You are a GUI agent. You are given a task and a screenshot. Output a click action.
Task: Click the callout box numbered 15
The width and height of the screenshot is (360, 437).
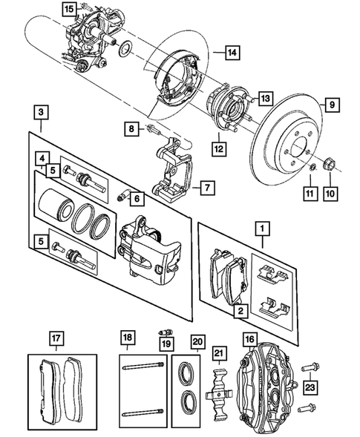click(69, 9)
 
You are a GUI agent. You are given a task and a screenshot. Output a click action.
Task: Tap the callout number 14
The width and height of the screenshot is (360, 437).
click(232, 53)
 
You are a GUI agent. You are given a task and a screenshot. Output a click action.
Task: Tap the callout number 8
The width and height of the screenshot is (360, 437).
click(131, 129)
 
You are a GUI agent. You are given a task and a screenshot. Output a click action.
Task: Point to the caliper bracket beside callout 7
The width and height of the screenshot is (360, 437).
click(172, 174)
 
